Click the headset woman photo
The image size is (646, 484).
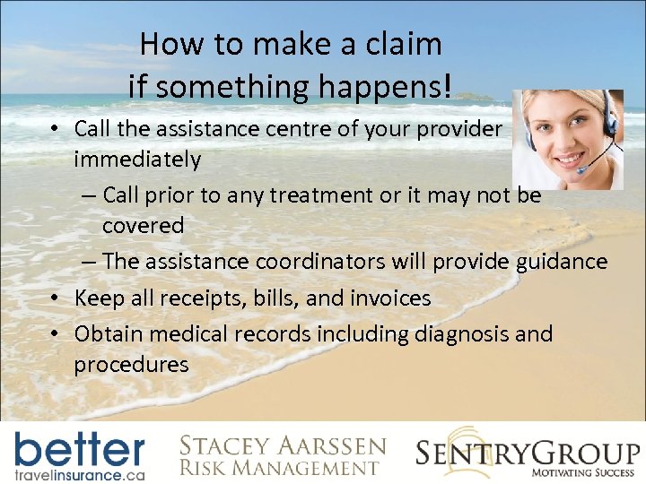click(567, 139)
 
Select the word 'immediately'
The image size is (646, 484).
click(137, 160)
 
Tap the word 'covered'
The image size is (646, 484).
click(143, 226)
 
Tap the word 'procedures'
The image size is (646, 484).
click(131, 364)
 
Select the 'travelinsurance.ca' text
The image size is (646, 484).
click(79, 473)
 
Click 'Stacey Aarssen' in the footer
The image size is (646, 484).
click(282, 445)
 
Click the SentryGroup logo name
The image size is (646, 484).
click(528, 452)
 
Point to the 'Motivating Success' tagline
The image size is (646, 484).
click(584, 471)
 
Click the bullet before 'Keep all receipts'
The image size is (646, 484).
click(56, 298)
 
